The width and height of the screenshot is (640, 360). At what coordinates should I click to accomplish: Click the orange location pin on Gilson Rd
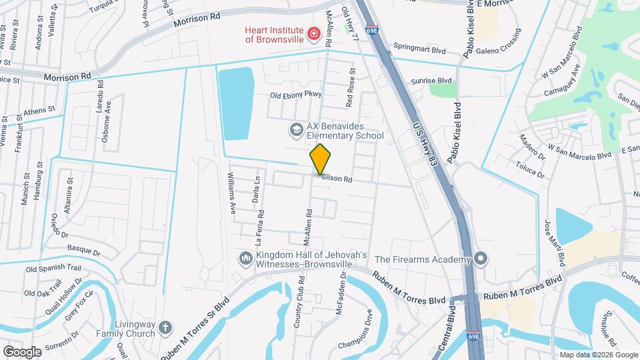click(x=321, y=159)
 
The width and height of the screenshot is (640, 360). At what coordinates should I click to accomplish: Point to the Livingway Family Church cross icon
click(x=165, y=329)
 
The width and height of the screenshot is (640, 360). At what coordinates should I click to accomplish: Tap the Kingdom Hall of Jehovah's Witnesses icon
click(x=245, y=258)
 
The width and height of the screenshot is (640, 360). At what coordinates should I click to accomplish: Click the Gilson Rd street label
click(x=337, y=178)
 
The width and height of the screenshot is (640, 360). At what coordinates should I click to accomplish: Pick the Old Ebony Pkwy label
click(x=295, y=95)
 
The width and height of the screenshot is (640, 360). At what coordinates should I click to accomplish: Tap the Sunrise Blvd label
click(x=432, y=80)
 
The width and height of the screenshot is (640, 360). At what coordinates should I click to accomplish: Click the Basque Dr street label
click(x=83, y=253)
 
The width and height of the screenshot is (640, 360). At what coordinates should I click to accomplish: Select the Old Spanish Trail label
click(x=53, y=269)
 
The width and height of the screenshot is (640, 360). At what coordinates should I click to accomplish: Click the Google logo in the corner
click(x=22, y=351)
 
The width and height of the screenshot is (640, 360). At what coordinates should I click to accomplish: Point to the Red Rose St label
click(x=350, y=87)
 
